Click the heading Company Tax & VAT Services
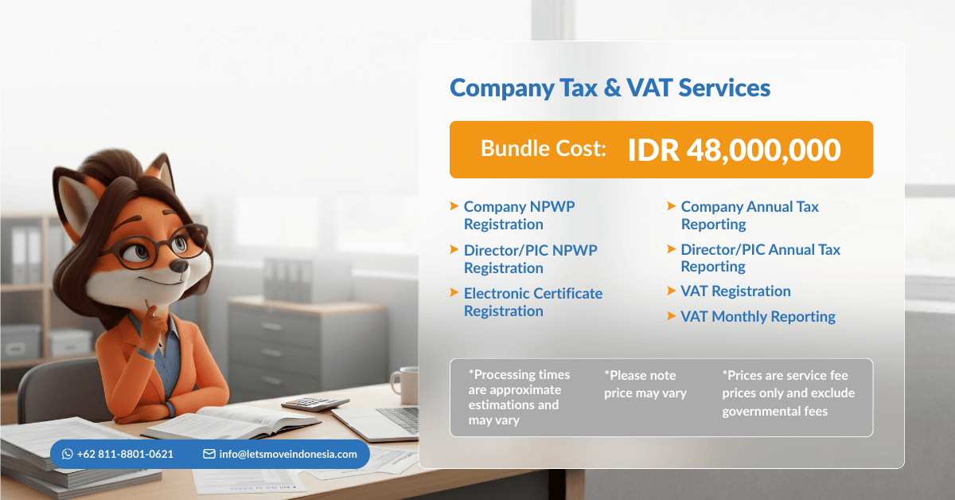[x=610, y=88]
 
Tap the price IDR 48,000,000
[x=734, y=150]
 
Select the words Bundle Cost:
[x=544, y=148]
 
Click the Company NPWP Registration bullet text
[x=519, y=216]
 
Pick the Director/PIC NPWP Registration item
[x=530, y=259]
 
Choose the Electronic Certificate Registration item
[x=533, y=302]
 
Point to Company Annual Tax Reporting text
[x=750, y=216]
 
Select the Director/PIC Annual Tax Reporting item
[x=760, y=258]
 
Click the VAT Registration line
[x=735, y=291]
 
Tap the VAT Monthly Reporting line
[x=758, y=317]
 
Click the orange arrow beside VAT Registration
[x=671, y=291]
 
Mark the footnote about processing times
[x=519, y=397]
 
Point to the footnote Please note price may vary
[x=645, y=384]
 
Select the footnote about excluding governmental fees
[x=789, y=393]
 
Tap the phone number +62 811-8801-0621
[x=125, y=454]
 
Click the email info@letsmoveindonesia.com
[x=288, y=454]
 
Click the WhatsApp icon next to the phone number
[x=68, y=454]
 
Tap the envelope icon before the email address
[x=209, y=454]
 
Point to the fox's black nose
[x=179, y=267]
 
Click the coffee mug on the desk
[x=405, y=385]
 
